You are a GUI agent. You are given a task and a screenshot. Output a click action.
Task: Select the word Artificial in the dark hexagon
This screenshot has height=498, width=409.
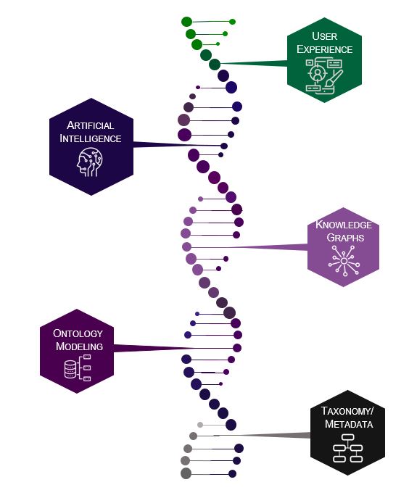pos(91,125)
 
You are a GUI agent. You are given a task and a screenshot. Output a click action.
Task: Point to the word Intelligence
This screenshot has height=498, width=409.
pos(91,138)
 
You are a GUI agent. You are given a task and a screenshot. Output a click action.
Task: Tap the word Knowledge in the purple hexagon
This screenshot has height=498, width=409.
pos(344,225)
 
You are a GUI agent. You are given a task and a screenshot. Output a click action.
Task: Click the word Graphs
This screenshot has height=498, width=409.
pos(344,237)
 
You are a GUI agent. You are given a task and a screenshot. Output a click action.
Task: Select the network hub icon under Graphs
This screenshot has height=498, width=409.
pos(344,260)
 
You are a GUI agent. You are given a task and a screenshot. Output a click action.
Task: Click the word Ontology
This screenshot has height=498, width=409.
pos(78,333)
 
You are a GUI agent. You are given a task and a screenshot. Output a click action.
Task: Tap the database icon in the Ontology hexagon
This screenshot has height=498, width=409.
pos(71,370)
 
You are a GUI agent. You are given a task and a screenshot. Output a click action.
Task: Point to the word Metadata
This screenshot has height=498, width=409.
pos(349,423)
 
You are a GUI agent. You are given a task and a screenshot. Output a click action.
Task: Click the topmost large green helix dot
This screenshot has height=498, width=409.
pos(186,22)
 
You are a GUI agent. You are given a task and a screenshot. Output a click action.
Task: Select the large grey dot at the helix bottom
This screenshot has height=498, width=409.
pos(186,473)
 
